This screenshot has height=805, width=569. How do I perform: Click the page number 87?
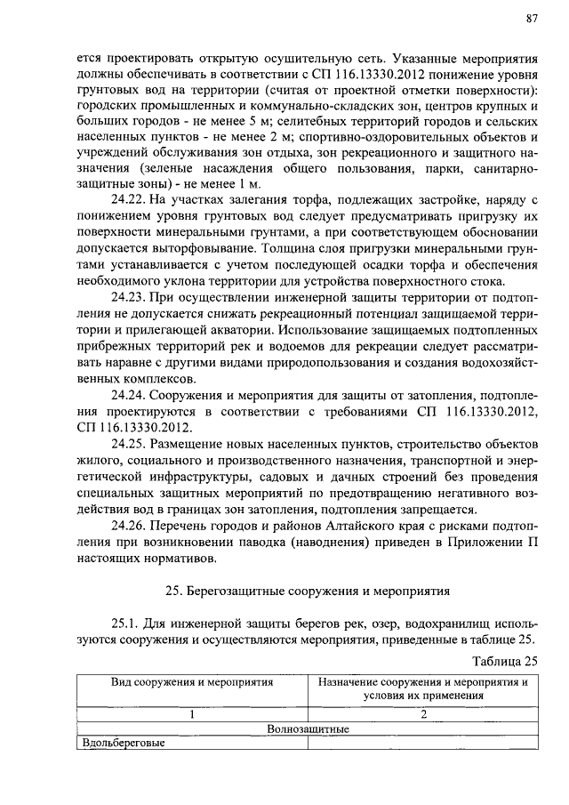point(532,18)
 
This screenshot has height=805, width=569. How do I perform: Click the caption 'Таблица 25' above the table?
point(508,660)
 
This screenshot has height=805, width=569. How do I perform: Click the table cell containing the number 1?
point(191,713)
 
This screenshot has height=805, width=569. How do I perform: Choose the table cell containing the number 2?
point(424,713)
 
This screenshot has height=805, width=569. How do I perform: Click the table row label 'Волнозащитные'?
point(308,729)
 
